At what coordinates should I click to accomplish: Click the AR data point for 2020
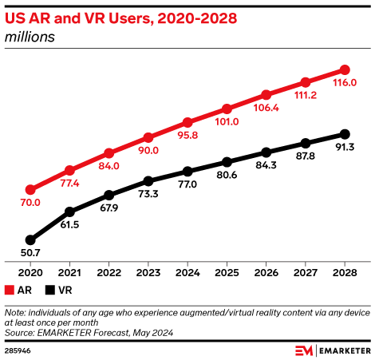[30, 190]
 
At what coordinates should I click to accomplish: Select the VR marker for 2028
[345, 133]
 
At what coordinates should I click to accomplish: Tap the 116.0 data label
[345, 83]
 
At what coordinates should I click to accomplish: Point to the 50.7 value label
[30, 253]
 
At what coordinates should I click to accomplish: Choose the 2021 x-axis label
[69, 272]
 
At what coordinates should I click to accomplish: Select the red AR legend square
[9, 291]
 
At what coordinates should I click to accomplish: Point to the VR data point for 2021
[69, 212]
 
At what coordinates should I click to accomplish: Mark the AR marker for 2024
[187, 122]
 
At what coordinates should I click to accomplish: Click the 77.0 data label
[187, 185]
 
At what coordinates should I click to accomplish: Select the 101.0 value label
[227, 122]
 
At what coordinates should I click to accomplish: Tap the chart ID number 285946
[17, 350]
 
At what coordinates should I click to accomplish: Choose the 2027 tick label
[306, 272]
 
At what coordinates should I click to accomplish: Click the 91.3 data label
[345, 147]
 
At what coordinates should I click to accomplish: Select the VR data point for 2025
[227, 161]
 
